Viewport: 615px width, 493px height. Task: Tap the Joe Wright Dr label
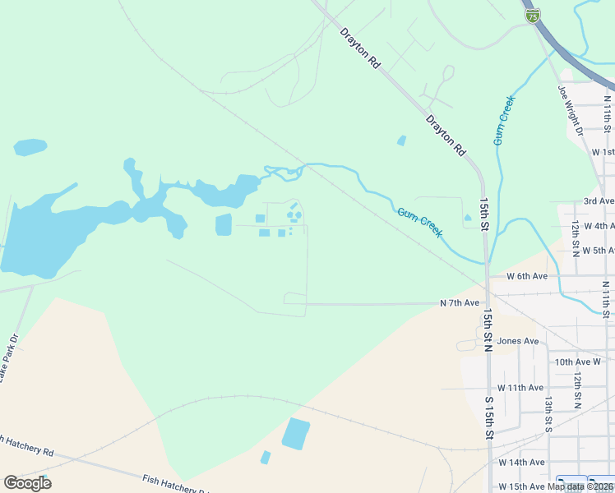click(x=569, y=110)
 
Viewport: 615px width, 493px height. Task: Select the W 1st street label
click(x=603, y=152)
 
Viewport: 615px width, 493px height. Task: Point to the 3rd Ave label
click(x=599, y=201)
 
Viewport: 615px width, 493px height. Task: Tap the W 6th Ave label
click(x=527, y=276)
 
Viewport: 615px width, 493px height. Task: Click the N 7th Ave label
click(x=460, y=303)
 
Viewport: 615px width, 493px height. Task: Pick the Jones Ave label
click(x=518, y=341)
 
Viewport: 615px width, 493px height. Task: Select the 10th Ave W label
click(x=578, y=362)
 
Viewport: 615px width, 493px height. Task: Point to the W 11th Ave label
click(x=520, y=387)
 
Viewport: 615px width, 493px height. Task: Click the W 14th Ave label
click(x=521, y=463)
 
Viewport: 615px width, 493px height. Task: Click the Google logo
click(x=27, y=483)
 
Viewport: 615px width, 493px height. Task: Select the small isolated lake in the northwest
click(x=30, y=147)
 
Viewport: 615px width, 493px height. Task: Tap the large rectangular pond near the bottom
click(x=296, y=433)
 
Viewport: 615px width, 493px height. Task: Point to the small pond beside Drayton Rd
click(x=401, y=141)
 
